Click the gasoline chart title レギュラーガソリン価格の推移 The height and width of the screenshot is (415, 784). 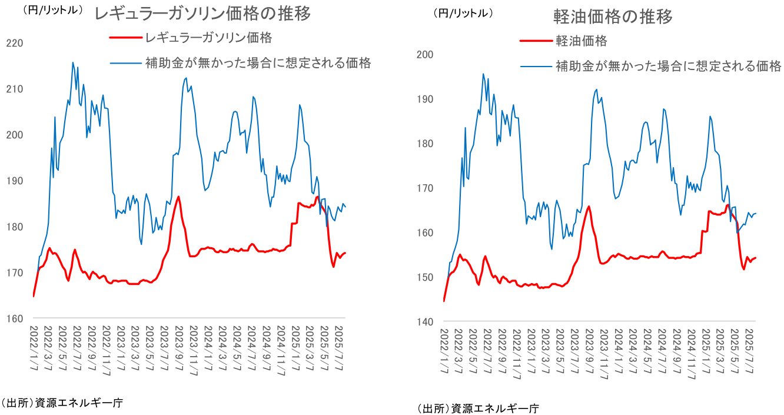[x=203, y=14]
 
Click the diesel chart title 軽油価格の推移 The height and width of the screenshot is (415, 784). [x=613, y=17]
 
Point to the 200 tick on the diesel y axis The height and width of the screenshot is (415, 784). [x=425, y=55]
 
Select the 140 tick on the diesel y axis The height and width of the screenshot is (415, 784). [x=425, y=322]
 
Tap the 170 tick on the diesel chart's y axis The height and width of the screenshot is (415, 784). [x=425, y=188]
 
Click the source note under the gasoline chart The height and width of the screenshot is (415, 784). [x=62, y=403]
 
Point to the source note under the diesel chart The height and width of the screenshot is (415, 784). [x=478, y=408]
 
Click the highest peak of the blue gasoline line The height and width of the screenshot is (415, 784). [x=73, y=62]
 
